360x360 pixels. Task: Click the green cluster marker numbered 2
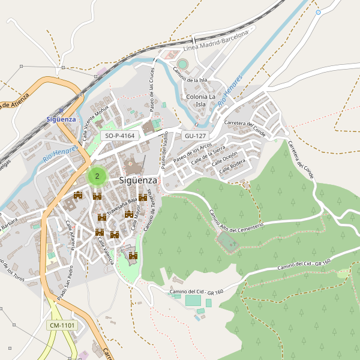97,176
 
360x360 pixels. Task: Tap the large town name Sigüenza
138,180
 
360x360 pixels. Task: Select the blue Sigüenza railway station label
61,119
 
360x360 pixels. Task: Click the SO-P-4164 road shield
119,136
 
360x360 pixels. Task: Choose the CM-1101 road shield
62,325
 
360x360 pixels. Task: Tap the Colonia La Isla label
201,100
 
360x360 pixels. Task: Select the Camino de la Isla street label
190,76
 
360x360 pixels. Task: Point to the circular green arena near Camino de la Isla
182,64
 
